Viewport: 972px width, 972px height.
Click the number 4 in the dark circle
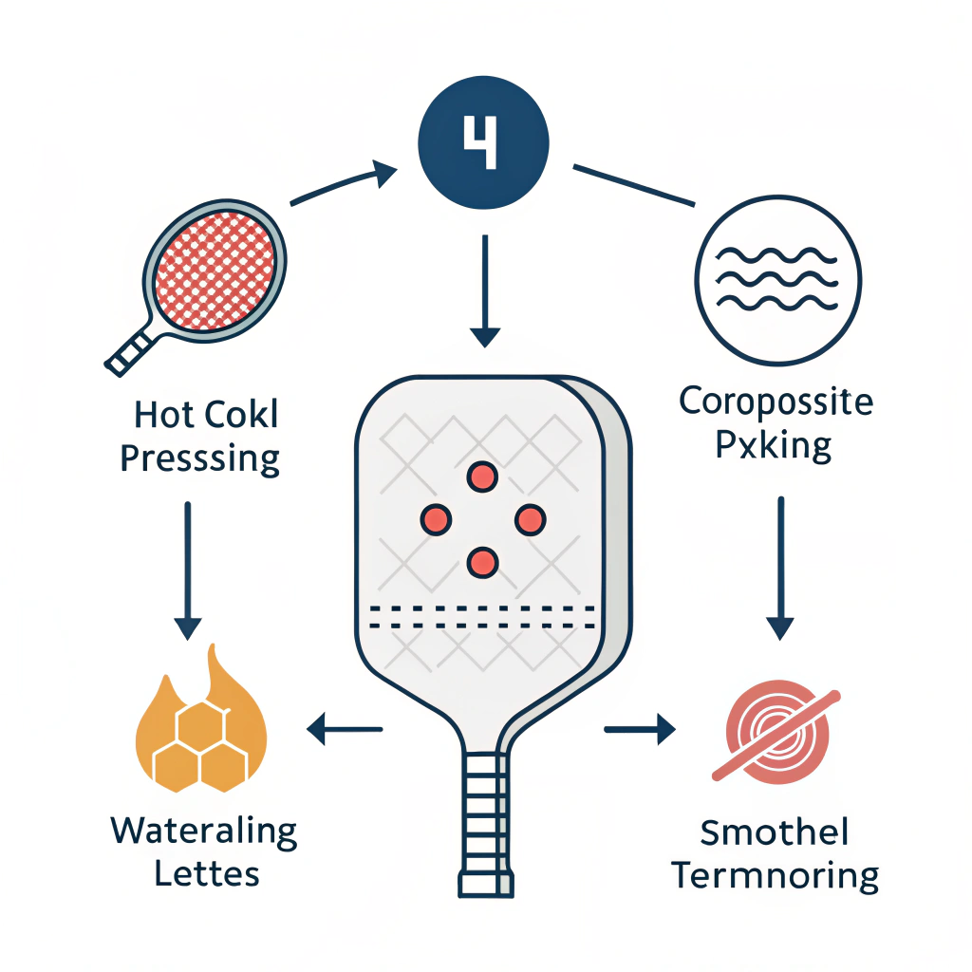484,142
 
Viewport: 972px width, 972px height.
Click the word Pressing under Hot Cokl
201,459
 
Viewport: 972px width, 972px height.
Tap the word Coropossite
776,402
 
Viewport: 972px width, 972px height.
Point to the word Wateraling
204,832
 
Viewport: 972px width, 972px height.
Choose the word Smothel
775,834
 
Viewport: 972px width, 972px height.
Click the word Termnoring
776,875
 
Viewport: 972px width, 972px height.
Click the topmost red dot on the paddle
483,477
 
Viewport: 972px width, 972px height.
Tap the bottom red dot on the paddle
483,562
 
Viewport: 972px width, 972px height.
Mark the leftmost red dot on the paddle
435,518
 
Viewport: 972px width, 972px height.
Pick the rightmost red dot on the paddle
530,518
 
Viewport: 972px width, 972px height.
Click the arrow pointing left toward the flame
344,730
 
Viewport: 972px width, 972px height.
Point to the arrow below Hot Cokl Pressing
187,570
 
